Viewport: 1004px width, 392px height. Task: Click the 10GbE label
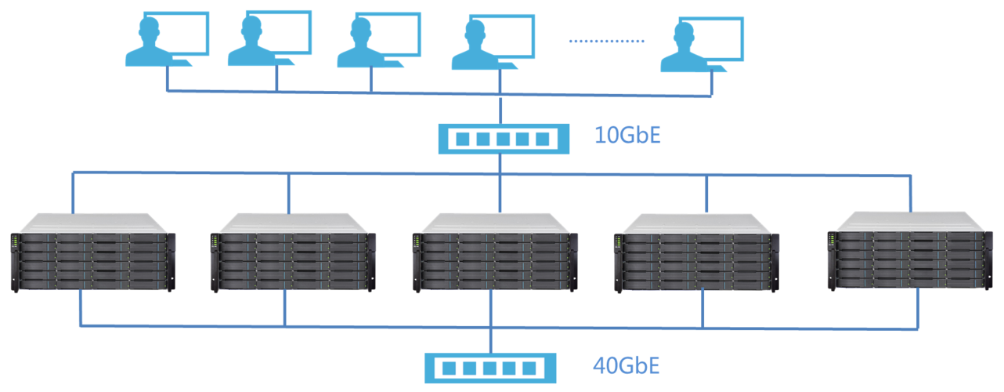(x=627, y=136)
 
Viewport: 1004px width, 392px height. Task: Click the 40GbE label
(x=627, y=365)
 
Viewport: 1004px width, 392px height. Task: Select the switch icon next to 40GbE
(x=490, y=368)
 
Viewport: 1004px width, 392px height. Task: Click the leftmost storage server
(x=92, y=252)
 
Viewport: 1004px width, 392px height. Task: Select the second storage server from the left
(x=292, y=252)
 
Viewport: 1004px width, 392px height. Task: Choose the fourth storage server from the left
(x=695, y=252)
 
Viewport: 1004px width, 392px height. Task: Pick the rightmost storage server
(x=909, y=251)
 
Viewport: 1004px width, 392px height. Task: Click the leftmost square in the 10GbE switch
(x=463, y=140)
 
